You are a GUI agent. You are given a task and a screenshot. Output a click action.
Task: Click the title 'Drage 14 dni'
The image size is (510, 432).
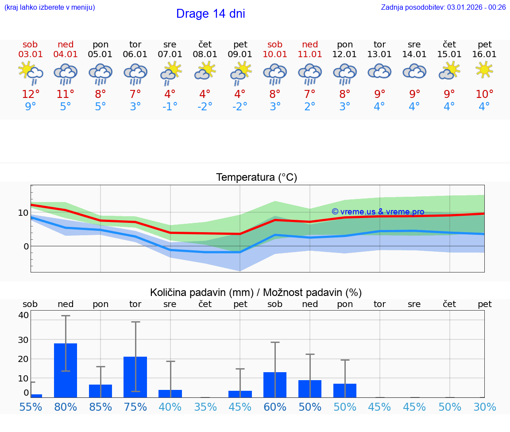tap(210, 14)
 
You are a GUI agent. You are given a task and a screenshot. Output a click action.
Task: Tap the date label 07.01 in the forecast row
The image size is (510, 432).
tap(170, 54)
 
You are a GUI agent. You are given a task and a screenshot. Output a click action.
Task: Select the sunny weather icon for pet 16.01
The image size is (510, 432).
tap(484, 70)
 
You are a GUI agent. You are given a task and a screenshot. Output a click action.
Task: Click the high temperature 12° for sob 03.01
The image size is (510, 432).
tap(31, 94)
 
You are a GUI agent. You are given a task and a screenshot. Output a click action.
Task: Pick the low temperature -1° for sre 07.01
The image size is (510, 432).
tap(170, 106)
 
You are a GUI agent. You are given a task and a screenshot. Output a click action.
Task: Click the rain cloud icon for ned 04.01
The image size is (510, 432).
tap(66, 73)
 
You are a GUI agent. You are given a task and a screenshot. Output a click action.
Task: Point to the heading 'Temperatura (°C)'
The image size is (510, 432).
tap(256, 178)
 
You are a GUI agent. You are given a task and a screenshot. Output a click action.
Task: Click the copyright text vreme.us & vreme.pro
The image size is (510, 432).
tap(378, 212)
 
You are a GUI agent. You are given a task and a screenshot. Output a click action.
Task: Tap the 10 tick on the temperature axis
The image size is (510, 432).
tap(23, 213)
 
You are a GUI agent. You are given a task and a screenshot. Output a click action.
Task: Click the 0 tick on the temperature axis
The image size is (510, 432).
tap(26, 246)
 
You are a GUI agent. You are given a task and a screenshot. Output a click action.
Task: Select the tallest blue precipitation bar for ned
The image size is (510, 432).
tap(66, 370)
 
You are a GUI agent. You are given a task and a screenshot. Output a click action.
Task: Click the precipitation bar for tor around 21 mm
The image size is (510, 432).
tap(135, 377)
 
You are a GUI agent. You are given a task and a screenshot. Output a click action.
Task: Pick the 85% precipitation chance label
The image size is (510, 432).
tap(100, 407)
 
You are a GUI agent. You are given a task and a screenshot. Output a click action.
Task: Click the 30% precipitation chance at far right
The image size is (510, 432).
tap(484, 407)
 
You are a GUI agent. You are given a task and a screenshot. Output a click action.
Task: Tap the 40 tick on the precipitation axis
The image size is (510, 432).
tap(23, 315)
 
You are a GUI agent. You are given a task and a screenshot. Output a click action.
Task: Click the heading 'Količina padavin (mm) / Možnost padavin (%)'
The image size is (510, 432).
tap(256, 292)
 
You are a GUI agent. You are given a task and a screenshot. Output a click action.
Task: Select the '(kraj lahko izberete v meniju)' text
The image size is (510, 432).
tap(50, 7)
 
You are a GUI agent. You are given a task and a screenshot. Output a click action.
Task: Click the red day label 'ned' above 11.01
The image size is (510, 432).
tap(310, 44)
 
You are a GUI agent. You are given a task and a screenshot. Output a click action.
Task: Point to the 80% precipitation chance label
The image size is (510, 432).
tap(66, 407)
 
